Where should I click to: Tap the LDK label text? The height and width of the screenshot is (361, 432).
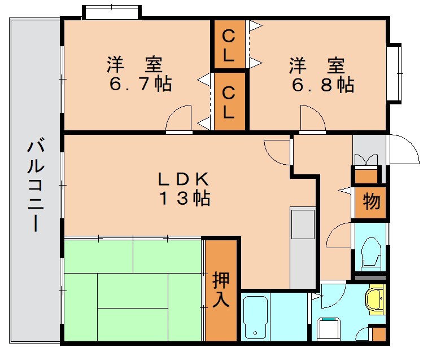pyautogui.click(x=183, y=179)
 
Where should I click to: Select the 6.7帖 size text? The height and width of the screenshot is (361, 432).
pyautogui.click(x=141, y=83)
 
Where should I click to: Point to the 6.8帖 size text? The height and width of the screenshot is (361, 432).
pyautogui.click(x=323, y=85)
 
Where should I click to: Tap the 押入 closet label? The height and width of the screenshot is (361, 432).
pyautogui.click(x=221, y=289)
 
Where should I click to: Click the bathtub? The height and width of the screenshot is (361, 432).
pyautogui.click(x=255, y=318)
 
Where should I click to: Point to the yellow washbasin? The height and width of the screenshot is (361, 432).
pyautogui.click(x=374, y=301)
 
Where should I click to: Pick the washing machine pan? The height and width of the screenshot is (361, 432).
pyautogui.click(x=329, y=329)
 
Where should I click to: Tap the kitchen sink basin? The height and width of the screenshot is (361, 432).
pyautogui.click(x=303, y=224)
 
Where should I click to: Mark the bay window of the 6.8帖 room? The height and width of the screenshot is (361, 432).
pyautogui.click(x=394, y=73)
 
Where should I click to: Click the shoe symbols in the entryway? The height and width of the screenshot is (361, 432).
pyautogui.click(x=366, y=159)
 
